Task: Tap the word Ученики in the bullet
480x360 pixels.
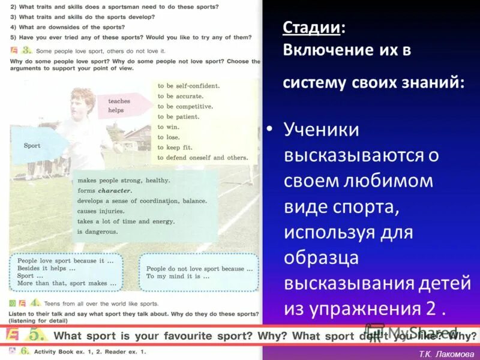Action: tap(321, 130)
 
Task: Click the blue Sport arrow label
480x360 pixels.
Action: tap(33, 145)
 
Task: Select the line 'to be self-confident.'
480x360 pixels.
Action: tap(188, 86)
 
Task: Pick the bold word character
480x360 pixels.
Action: tap(115, 190)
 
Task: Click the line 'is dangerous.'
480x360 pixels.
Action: tap(98, 231)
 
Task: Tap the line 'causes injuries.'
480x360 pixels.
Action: tap(101, 211)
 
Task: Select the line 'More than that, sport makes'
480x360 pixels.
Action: tap(62, 283)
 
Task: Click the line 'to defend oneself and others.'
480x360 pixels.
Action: tap(202, 157)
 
